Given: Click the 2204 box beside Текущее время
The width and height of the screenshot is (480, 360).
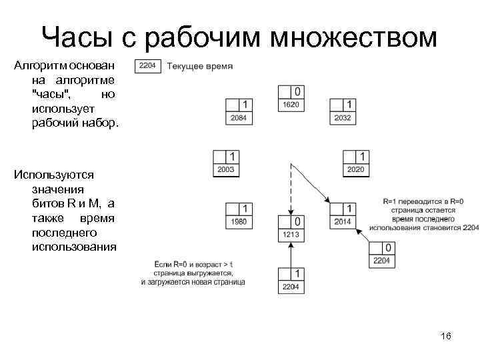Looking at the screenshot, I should [x=147, y=66].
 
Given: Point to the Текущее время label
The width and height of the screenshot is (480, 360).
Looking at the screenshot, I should [x=199, y=66].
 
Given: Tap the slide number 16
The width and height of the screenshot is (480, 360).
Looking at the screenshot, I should [x=446, y=337].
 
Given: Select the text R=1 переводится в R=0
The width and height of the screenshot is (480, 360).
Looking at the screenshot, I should [x=423, y=200].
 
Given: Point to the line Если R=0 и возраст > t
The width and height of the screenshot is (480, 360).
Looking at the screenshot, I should [x=193, y=264].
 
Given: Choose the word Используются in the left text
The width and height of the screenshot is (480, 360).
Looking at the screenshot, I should [x=54, y=175].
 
